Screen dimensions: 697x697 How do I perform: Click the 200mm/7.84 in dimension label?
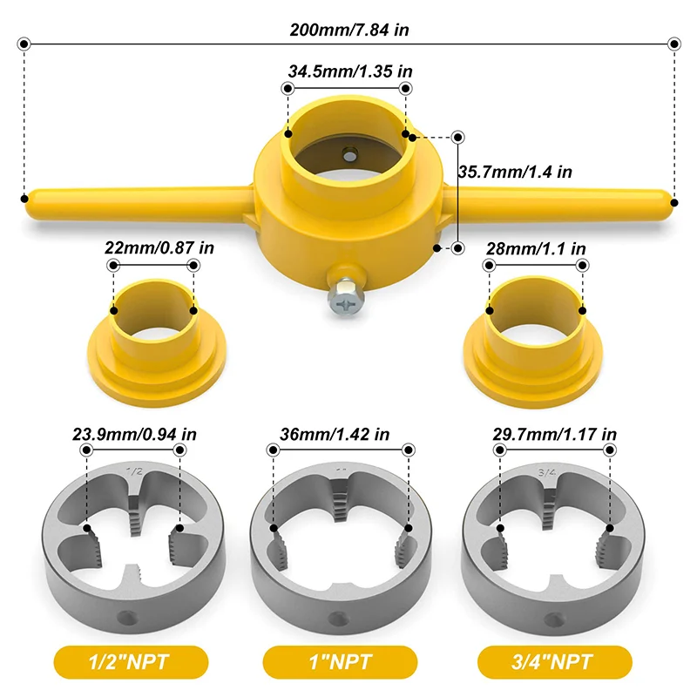[349, 29]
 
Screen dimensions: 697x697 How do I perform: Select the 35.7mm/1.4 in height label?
[515, 172]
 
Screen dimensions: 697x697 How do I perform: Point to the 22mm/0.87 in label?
[160, 247]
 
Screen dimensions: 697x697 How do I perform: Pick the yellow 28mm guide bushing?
[533, 340]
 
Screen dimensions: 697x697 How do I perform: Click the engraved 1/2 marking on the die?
[135, 471]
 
